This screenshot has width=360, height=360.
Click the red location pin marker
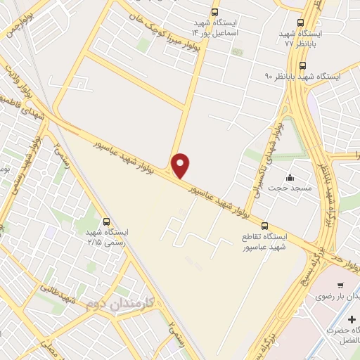pyautogui.click(x=181, y=165)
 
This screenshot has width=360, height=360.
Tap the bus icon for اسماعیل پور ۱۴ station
pyautogui.click(x=214, y=12)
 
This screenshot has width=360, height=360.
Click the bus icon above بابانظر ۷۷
pyautogui.click(x=301, y=23)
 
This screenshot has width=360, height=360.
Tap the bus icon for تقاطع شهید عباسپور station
pyautogui.click(x=264, y=226)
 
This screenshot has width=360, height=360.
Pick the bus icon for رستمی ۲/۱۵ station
pyautogui.click(x=106, y=221)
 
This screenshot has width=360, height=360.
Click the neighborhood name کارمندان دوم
pyautogui.click(x=112, y=304)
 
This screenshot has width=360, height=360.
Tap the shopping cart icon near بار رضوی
pyautogui.click(x=340, y=285)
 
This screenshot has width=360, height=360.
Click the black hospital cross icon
pyautogui.click(x=352, y=320)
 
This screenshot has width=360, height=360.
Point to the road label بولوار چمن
pyautogui.click(x=18, y=27)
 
